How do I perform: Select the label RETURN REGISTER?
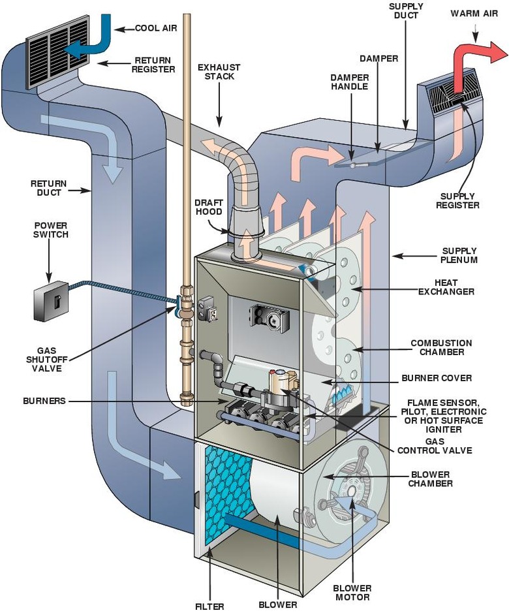coord(155,63)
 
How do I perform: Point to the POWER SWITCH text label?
coord(51,229)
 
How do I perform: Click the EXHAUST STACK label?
coord(219,72)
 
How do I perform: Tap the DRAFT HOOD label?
coord(208,207)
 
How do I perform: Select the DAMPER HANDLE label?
coord(349,82)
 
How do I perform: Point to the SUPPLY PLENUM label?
coord(459,255)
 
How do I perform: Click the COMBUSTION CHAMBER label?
coord(441,347)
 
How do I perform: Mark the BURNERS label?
coord(44,401)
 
